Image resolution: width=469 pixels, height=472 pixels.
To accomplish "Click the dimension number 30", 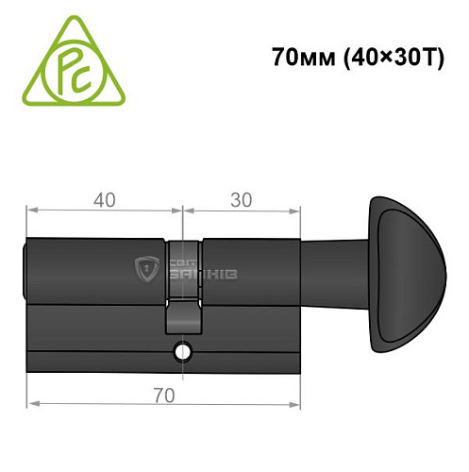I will (241, 200).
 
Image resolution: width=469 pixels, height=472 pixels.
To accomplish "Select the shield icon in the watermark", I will (148, 269).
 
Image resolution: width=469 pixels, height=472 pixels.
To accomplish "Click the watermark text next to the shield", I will (203, 270).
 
